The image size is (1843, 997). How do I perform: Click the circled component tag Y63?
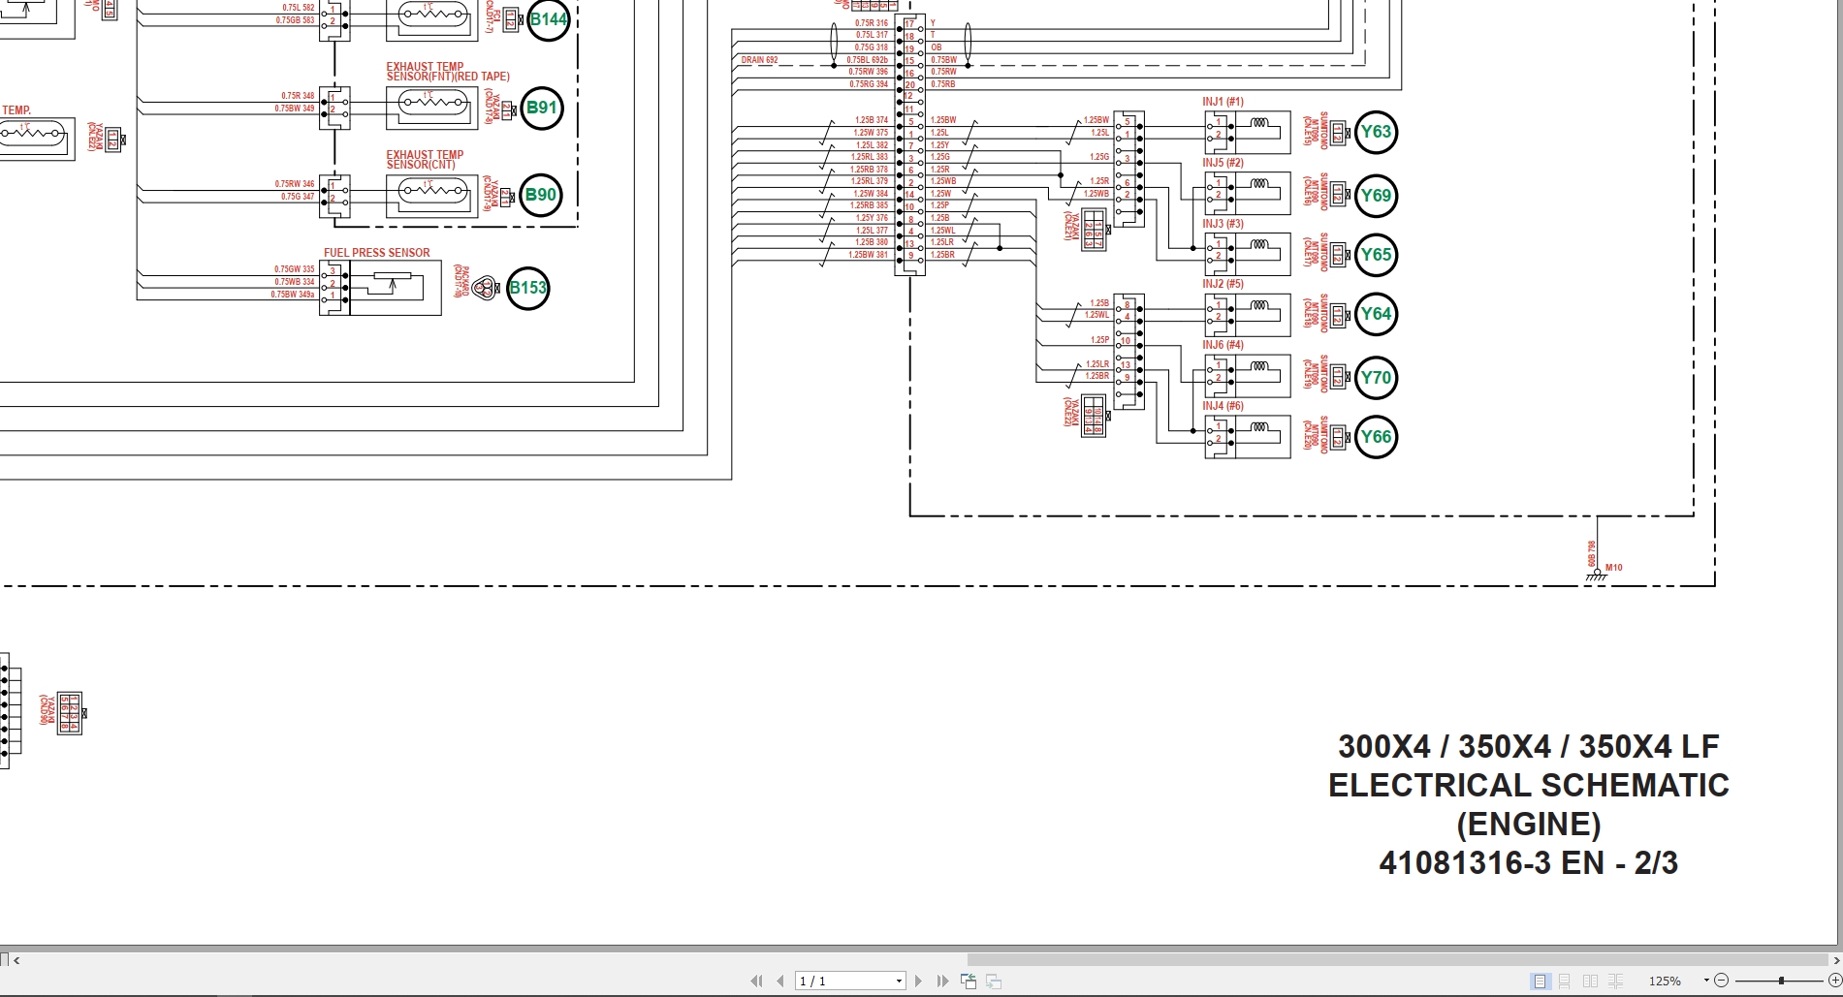(1376, 133)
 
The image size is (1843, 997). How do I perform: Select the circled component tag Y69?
(1376, 196)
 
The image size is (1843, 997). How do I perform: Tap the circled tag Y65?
(1376, 255)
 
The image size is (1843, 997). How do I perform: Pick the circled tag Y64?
(1376, 314)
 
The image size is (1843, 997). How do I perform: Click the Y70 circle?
(1376, 378)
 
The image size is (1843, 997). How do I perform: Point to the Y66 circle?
(1376, 437)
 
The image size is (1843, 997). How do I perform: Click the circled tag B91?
(541, 108)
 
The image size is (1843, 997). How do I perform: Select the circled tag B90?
(540, 195)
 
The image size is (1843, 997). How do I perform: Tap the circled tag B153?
(528, 288)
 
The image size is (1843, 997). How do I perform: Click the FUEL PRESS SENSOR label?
(376, 253)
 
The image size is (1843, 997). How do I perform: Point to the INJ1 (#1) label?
(1223, 102)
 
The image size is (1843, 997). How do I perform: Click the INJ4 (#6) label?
(1223, 406)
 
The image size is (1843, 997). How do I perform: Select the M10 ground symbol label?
(1613, 568)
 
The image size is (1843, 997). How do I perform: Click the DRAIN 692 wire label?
(759, 60)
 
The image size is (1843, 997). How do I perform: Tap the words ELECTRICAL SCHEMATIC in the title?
(1528, 785)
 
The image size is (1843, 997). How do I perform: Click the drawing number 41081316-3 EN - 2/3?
(1528, 862)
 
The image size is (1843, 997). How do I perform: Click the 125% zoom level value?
(1665, 981)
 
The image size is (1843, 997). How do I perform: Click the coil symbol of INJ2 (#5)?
(1259, 305)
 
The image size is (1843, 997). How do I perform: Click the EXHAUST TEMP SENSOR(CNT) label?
(425, 160)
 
